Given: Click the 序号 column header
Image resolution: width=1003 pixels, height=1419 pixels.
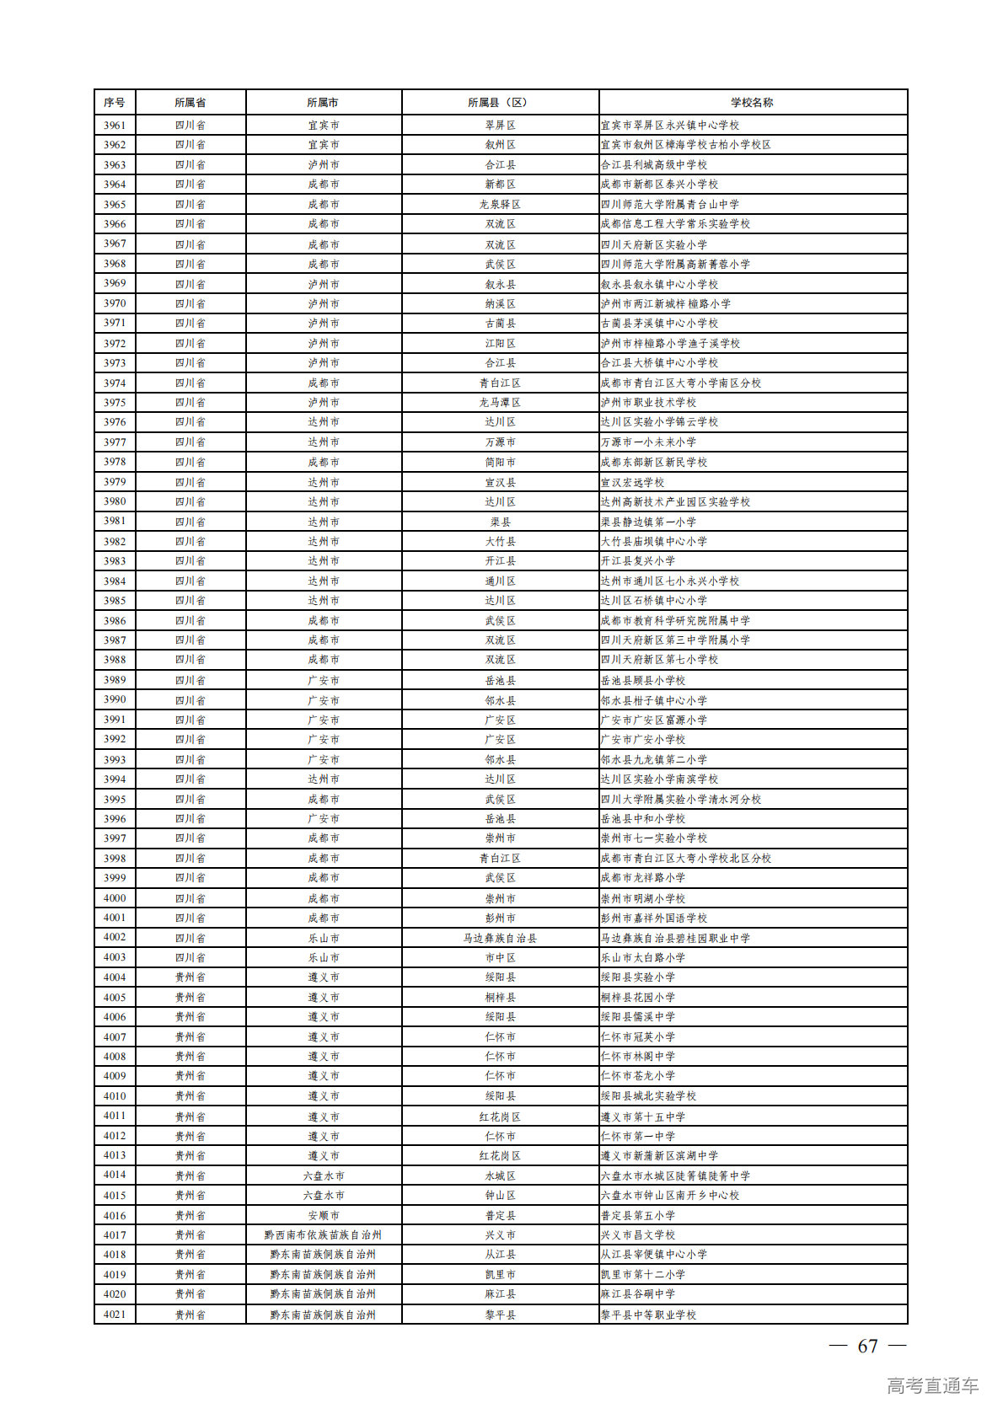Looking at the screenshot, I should click(115, 102).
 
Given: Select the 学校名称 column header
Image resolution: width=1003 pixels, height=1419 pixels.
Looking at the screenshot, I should click(752, 102).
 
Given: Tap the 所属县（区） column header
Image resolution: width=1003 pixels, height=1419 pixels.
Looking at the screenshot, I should click(500, 102).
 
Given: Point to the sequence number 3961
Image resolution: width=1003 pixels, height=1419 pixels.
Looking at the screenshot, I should click(115, 125).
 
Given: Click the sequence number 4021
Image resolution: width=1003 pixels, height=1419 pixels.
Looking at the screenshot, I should click(115, 1314).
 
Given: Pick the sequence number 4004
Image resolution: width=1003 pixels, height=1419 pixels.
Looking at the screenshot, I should click(115, 977).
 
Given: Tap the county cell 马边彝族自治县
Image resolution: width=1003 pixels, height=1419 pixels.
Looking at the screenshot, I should click(500, 938).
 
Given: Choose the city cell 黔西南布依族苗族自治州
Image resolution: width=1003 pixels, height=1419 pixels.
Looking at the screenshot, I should click(323, 1234).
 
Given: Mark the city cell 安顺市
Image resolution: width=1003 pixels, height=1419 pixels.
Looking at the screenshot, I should click(323, 1215).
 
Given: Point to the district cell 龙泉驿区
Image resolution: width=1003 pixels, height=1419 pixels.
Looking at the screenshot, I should click(500, 204).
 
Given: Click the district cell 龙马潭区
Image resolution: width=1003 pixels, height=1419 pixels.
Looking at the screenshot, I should click(500, 402).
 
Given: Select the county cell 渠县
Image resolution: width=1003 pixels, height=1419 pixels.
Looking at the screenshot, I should click(500, 522).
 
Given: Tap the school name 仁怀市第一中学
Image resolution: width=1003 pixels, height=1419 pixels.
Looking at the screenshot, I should click(638, 1136).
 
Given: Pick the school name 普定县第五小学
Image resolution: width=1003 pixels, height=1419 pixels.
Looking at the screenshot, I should click(638, 1215).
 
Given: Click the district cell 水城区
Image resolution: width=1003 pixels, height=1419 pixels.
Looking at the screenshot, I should click(500, 1175).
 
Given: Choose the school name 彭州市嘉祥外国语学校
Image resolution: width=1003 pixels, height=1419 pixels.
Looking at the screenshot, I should click(654, 918).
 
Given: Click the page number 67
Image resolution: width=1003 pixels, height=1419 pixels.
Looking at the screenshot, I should click(867, 1346).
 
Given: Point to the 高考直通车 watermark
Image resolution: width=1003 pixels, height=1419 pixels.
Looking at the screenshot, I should click(932, 1385).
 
